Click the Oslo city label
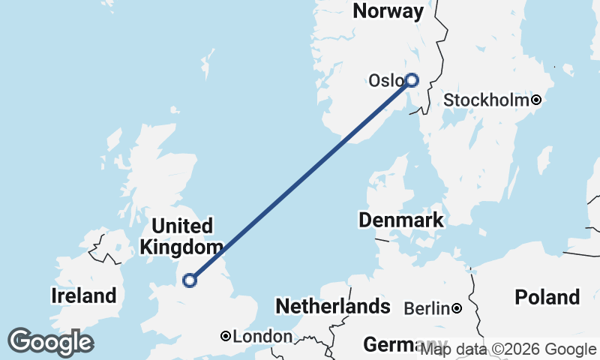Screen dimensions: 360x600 pyautogui.click(x=385, y=80)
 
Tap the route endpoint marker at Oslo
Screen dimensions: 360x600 pyautogui.click(x=411, y=79)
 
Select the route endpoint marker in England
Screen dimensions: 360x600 pyautogui.click(x=190, y=280)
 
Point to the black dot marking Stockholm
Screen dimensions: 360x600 pyautogui.click(x=536, y=100)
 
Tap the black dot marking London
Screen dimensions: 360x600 pyautogui.click(x=225, y=337)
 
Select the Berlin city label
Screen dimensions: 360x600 pyautogui.click(x=427, y=308)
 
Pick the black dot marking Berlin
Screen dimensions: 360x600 pyautogui.click(x=456, y=308)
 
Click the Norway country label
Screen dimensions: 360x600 pyautogui.click(x=388, y=11)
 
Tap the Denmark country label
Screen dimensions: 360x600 pyautogui.click(x=400, y=220)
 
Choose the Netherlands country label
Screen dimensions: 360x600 pyautogui.click(x=332, y=306)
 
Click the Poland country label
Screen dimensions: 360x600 pyautogui.click(x=547, y=297)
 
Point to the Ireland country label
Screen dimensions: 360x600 pyautogui.click(x=83, y=295)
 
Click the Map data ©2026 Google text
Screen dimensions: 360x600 pyautogui.click(x=508, y=349)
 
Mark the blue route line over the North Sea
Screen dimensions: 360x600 pyautogui.click(x=300, y=180)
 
